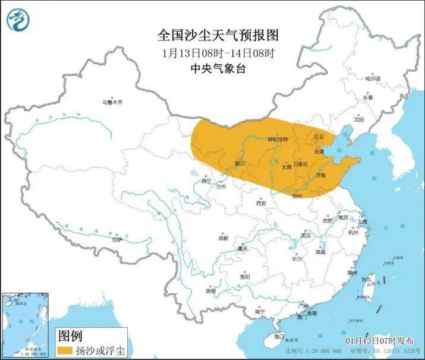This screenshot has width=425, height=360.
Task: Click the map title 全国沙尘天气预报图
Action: coord(218,35)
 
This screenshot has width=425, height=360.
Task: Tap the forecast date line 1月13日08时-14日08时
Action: coord(218,53)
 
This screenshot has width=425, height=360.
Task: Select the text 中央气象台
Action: coord(218,68)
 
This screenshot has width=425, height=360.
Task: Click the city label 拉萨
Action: coord(117,239)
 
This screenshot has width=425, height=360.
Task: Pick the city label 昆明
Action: coord(211,291)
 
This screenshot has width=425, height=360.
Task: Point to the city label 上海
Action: coord(363,222)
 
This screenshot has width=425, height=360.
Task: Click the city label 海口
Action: coord(279,336)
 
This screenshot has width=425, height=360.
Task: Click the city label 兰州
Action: coord(222,187)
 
